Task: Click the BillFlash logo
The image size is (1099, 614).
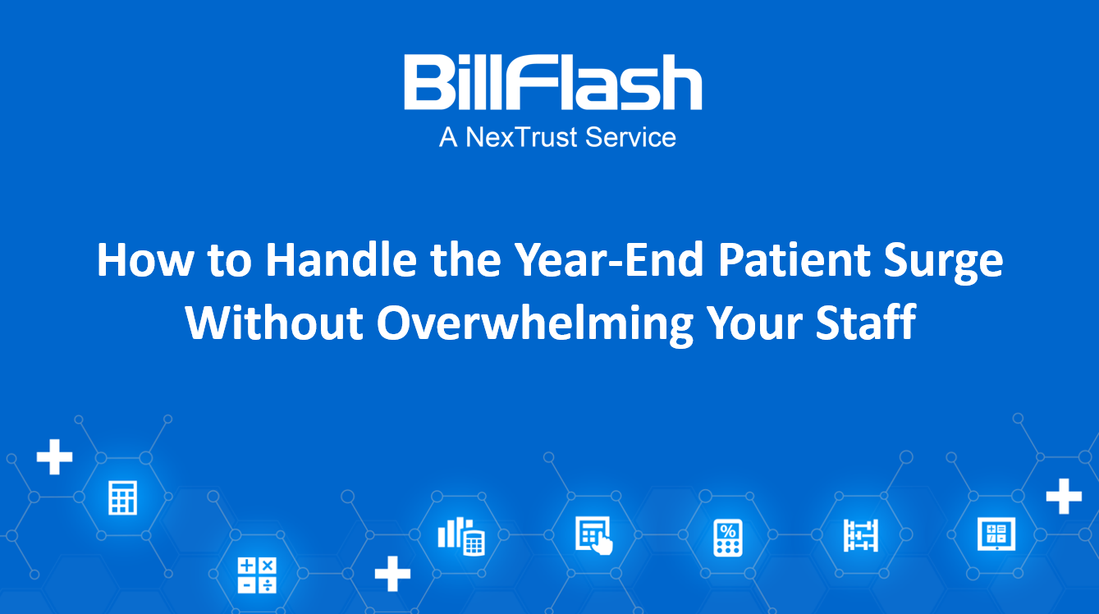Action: tap(553, 82)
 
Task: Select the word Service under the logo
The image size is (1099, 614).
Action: tap(630, 137)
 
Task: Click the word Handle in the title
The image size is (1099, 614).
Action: tap(341, 259)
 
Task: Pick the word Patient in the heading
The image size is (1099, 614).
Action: tap(794, 259)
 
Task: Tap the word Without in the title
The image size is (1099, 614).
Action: tap(274, 323)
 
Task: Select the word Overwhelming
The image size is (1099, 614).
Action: tap(535, 325)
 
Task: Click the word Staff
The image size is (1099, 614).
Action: tap(865, 323)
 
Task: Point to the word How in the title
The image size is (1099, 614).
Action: tap(145, 259)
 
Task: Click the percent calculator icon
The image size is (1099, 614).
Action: tap(727, 538)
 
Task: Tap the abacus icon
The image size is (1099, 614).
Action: tap(860, 535)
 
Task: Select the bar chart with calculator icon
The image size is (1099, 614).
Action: tap(461, 536)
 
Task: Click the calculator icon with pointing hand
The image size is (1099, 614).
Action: tap(593, 535)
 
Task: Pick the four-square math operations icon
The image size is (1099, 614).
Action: tap(257, 575)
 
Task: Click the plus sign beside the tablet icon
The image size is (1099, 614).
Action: tap(1064, 496)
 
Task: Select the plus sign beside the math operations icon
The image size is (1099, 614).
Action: tap(392, 574)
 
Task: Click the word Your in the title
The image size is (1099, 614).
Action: tap(754, 323)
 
